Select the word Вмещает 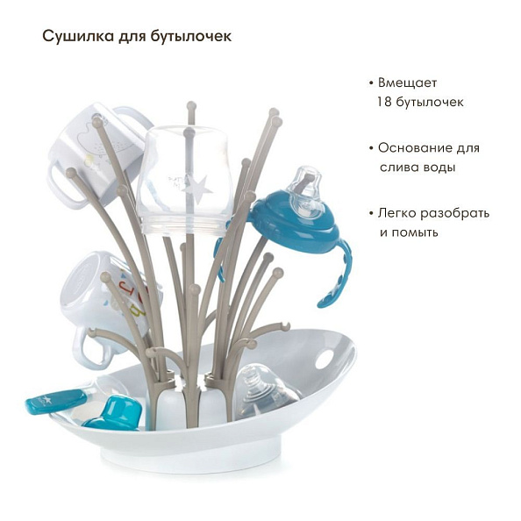407,82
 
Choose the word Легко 398,213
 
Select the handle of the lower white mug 92,345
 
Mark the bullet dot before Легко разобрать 371,213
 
